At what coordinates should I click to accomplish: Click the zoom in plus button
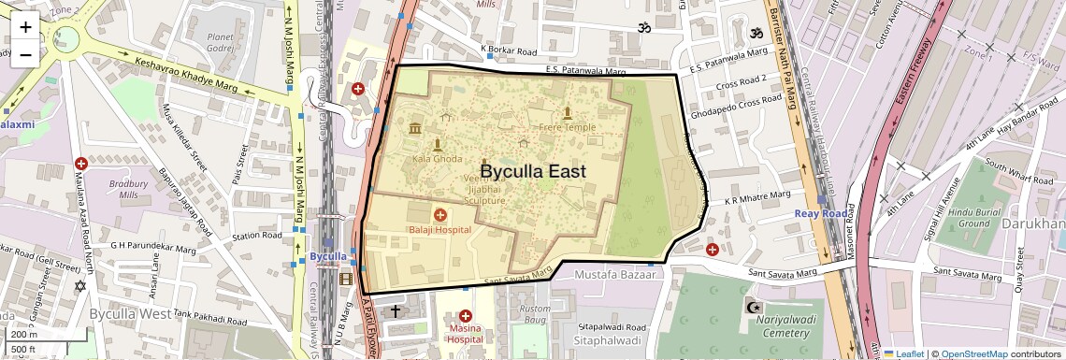25,26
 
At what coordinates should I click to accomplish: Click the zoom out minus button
25,53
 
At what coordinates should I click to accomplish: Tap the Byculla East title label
532,171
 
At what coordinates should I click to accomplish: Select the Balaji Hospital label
439,229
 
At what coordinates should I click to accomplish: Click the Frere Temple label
567,127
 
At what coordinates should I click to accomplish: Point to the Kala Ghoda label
437,159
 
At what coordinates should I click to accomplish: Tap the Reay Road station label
820,213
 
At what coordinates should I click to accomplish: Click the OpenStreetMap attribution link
973,353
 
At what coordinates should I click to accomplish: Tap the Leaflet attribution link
902,353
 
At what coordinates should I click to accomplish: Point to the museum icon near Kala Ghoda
414,127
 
